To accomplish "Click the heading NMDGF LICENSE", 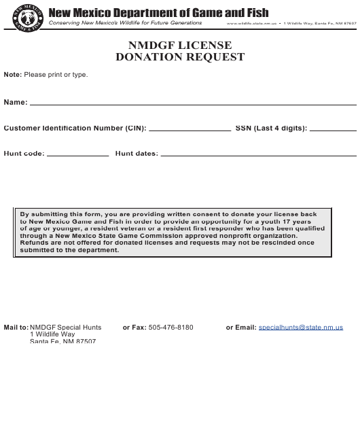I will click(x=180, y=46).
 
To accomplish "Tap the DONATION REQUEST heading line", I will click(x=180, y=57).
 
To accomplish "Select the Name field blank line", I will click(x=193, y=103).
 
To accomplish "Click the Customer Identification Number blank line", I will click(x=190, y=128).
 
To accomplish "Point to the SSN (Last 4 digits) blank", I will click(x=333, y=128).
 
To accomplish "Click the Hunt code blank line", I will click(x=77, y=154).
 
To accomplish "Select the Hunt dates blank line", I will click(x=258, y=154).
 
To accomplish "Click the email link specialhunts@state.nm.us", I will click(x=301, y=327).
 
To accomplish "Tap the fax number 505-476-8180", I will click(x=171, y=327).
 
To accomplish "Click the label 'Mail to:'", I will click(x=16, y=327).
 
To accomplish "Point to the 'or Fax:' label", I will click(x=134, y=327).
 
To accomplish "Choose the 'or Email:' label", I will click(x=241, y=327).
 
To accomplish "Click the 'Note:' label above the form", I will click(x=13, y=74).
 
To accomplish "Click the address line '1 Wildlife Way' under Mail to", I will click(x=52, y=334).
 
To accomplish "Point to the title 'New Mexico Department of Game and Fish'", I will click(x=158, y=12).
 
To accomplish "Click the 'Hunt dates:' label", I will click(x=137, y=154).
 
